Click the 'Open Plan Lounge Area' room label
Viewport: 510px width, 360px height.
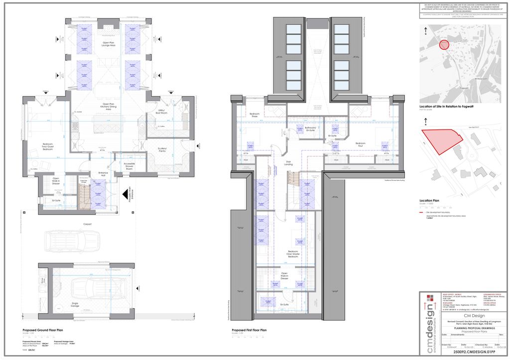click(x=109, y=45)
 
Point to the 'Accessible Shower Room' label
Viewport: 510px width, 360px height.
click(x=128, y=167)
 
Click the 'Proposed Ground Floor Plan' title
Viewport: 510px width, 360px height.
click(x=42, y=330)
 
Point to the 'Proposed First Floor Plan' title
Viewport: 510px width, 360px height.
click(x=250, y=330)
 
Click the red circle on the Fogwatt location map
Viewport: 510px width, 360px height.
click(x=444, y=45)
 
